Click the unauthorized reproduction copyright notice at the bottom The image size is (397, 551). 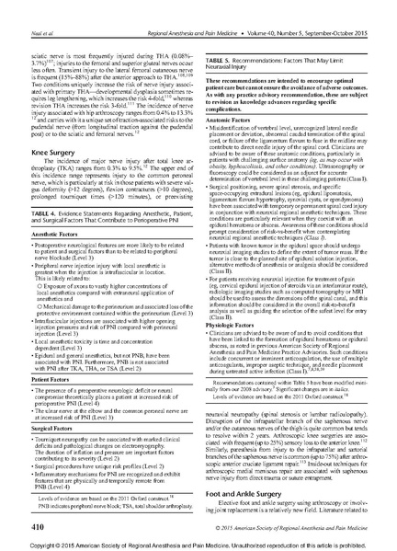tap(198, 543)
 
